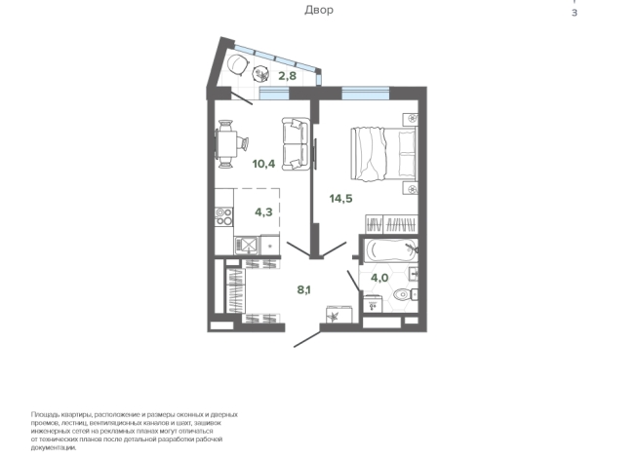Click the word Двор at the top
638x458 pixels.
pyautogui.click(x=319, y=10)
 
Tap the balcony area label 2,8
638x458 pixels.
pyautogui.click(x=287, y=76)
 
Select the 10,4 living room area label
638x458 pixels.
pyautogui.click(x=263, y=164)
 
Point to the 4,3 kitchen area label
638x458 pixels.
pyautogui.click(x=263, y=211)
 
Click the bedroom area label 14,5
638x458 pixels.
pyautogui.click(x=341, y=199)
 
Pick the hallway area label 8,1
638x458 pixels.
pyautogui.click(x=303, y=289)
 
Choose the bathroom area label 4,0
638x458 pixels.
pyautogui.click(x=379, y=278)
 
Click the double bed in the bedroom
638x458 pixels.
pyautogui.click(x=384, y=154)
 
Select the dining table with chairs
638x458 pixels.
pyautogui.click(x=230, y=144)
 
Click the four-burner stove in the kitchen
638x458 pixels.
pyautogui.click(x=223, y=216)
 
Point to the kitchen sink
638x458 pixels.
pyautogui.click(x=247, y=245)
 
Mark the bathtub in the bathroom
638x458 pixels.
pyautogui.click(x=390, y=249)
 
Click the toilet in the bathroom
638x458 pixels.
pyautogui.click(x=406, y=293)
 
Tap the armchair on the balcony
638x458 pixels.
pyautogui.click(x=237, y=65)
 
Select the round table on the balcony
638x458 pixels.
pyautogui.click(x=260, y=74)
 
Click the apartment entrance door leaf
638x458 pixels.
pyautogui.click(x=307, y=339)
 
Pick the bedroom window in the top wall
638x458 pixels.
pyautogui.click(x=366, y=94)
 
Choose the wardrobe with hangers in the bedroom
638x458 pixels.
pyautogui.click(x=391, y=224)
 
